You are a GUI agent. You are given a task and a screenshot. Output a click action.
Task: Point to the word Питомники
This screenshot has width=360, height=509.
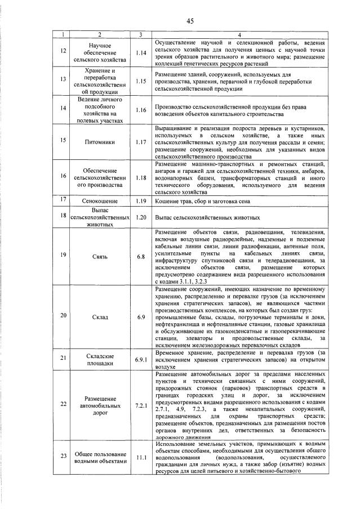point(99,140)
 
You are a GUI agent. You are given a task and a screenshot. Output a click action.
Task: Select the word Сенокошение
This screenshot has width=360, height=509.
point(99,200)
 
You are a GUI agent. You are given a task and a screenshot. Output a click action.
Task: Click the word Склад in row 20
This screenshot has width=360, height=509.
point(99,316)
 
